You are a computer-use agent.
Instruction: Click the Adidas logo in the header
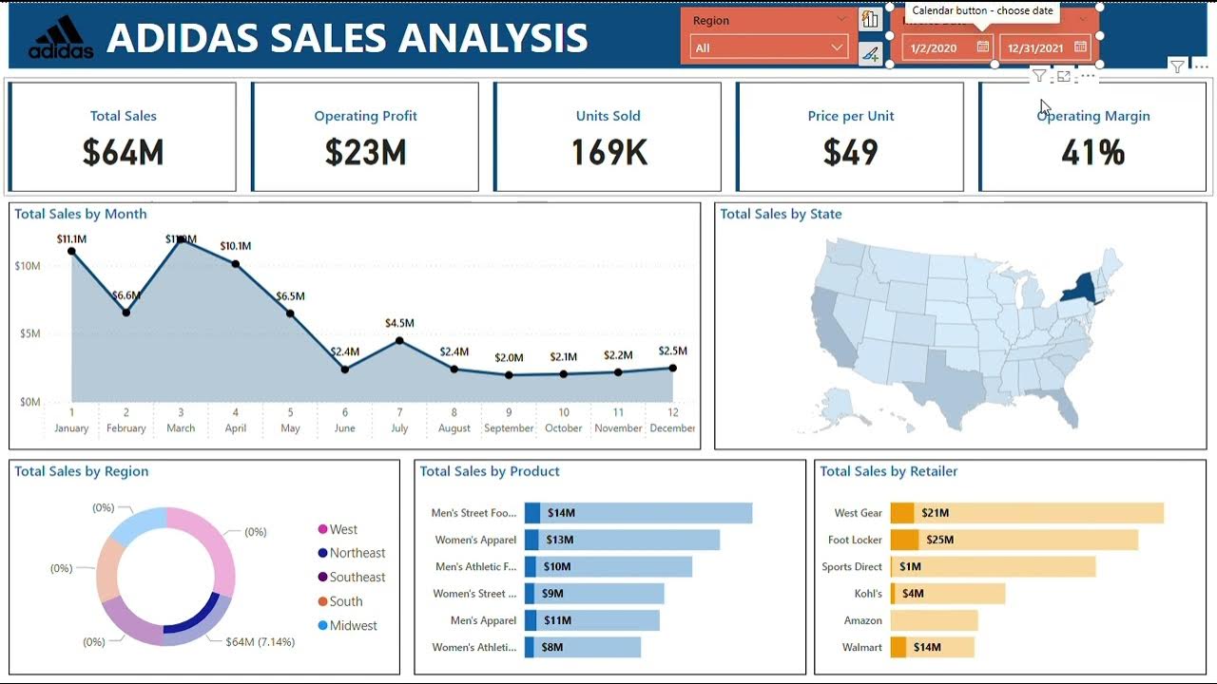(61, 38)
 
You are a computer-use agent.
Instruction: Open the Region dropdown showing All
(768, 47)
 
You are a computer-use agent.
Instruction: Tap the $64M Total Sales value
(123, 152)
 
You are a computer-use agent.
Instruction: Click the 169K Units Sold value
(608, 152)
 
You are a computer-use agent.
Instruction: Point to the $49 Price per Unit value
(850, 152)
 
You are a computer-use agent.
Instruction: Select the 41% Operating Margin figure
(1092, 152)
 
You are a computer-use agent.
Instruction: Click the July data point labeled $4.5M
(399, 340)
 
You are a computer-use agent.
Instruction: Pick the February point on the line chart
(126, 313)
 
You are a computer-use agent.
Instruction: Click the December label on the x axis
(672, 428)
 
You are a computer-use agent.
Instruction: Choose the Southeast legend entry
(357, 577)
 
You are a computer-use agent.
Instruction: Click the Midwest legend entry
(353, 625)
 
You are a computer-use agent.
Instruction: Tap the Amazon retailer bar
(934, 620)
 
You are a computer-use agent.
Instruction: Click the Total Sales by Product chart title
(490, 471)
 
